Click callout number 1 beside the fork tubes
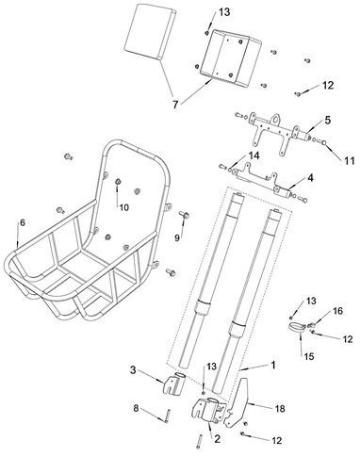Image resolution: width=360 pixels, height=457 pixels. coord(273,365)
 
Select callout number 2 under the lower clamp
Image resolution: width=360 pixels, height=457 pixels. coord(218,439)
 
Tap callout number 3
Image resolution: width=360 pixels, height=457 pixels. coord(133,370)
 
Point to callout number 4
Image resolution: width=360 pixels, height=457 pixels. coord(310,178)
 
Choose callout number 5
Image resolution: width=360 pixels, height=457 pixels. coord(328,120)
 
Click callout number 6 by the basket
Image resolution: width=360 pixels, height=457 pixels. coord(23,222)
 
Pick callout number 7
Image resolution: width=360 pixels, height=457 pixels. coord(175,105)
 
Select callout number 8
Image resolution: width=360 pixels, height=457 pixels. coord(136,409)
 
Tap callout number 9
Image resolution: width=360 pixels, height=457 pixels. coord(177,238)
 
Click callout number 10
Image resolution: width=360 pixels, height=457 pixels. coord(124,207)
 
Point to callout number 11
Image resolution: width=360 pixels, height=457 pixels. coord(348,161)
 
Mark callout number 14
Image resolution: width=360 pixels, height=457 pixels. coord(254,155)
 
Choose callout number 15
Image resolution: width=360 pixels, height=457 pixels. coord(308,356)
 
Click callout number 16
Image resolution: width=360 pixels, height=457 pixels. coord(337,311)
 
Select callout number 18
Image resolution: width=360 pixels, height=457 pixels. coord(280,408)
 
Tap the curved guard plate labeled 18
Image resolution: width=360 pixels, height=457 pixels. coord(237,405)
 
